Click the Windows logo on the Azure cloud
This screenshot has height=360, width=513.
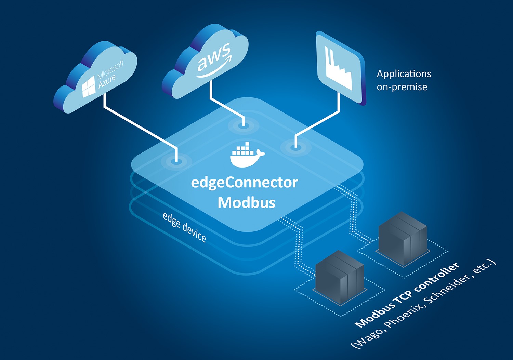pos(89,86)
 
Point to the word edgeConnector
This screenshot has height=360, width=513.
pos(244,183)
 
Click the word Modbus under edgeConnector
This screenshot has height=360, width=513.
pos(247,203)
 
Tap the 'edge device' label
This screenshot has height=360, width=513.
pos(184,227)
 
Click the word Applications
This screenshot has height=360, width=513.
pos(404,74)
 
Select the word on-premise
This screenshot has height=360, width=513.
pos(402,87)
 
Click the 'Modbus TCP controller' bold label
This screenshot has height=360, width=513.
pos(407,295)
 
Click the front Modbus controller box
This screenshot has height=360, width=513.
pos(339,277)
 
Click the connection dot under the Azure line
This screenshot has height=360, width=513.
pos(176,160)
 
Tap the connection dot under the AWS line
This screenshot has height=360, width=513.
pos(244,125)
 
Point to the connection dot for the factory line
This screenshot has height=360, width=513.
pos(295,147)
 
